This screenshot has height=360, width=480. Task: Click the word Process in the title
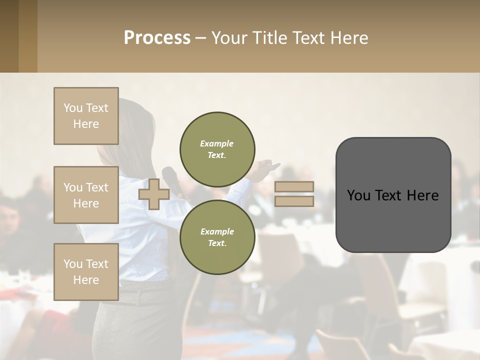tap(157, 38)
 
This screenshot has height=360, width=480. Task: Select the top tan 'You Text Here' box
tap(86, 116)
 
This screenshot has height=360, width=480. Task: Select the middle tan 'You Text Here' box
tap(86, 195)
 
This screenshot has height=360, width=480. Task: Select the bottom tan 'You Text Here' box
tap(86, 271)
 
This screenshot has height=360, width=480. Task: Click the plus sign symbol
tap(154, 194)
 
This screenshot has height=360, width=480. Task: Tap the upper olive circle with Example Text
tap(217, 149)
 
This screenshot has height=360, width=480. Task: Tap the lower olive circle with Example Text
tap(217, 237)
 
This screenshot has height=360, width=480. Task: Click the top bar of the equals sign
tap(294, 186)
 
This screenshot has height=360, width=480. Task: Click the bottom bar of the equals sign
tap(294, 201)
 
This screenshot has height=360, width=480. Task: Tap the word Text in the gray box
tap(392, 195)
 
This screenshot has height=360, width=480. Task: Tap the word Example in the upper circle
tap(216, 143)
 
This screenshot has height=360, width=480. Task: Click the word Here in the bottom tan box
tap(86, 280)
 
